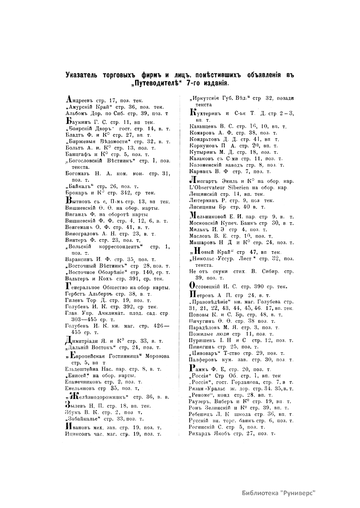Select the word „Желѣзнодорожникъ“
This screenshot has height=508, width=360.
point(97,397)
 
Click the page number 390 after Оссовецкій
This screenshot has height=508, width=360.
point(259,286)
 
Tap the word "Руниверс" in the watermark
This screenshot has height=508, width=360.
point(298,493)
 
